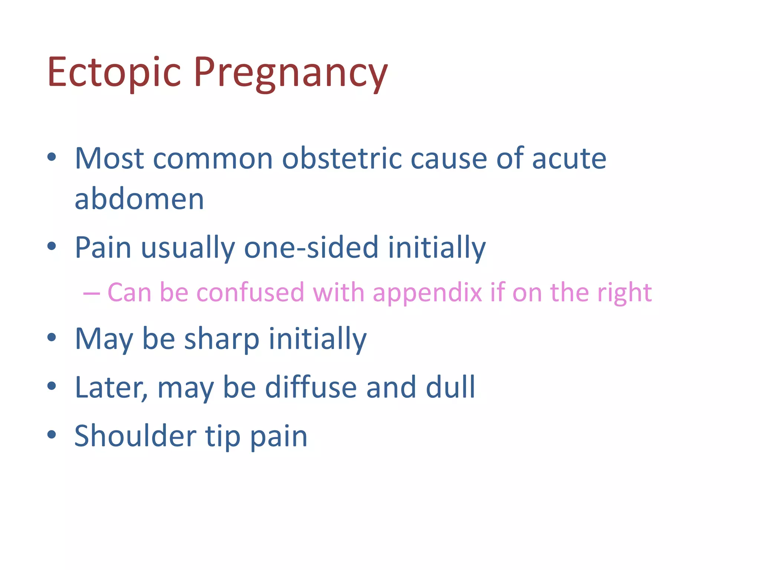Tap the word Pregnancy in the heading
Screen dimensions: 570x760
click(x=291, y=73)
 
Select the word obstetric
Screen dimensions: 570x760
click(x=341, y=158)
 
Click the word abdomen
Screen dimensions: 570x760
click(x=139, y=199)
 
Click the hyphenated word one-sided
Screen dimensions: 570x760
click(x=311, y=248)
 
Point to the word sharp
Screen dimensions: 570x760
click(x=222, y=339)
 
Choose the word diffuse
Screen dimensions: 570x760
click(x=311, y=387)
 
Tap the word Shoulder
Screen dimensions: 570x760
click(x=135, y=436)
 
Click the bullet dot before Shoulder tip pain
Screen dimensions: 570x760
click(x=52, y=435)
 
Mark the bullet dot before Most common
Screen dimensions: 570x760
click(x=52, y=157)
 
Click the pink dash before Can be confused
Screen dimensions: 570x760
click(x=91, y=293)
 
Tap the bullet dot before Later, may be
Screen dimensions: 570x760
click(x=52, y=386)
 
